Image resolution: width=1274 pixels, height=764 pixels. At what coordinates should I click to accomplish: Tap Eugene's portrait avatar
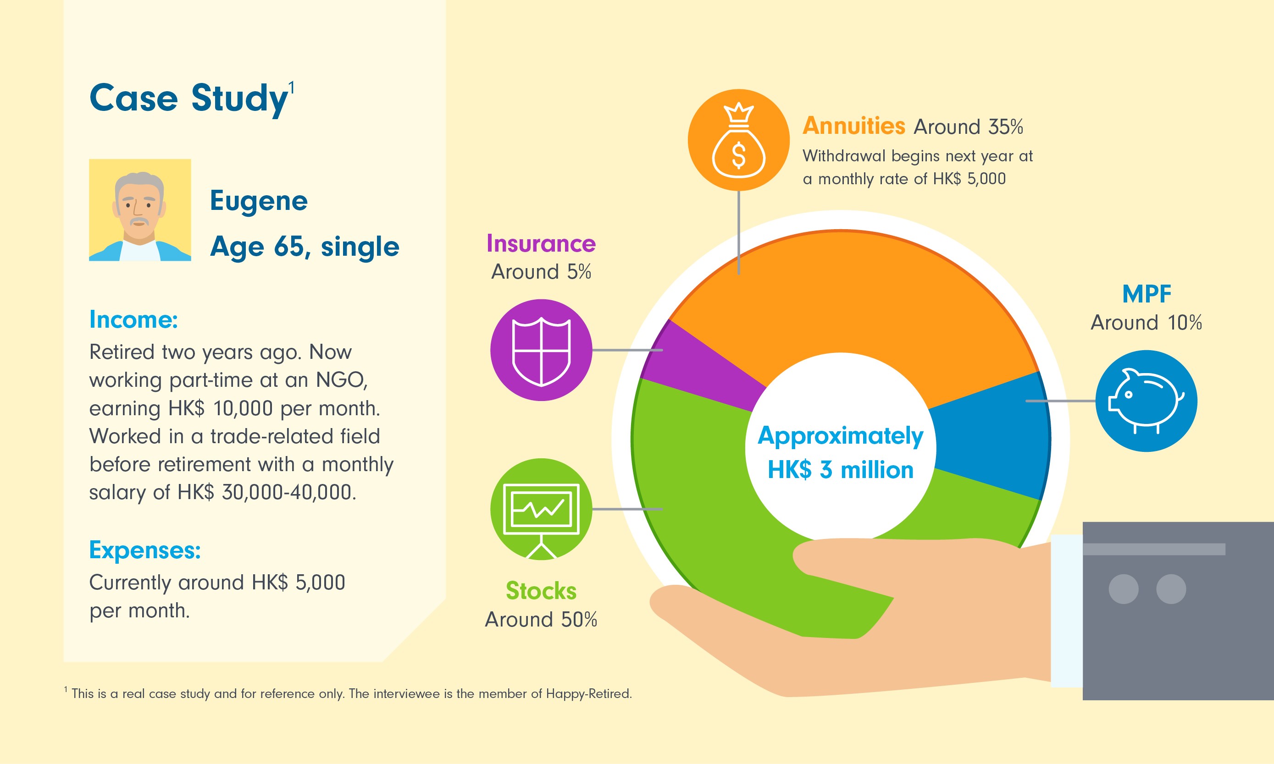coord(139,209)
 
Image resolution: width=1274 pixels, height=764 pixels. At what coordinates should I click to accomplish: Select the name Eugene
coord(259,200)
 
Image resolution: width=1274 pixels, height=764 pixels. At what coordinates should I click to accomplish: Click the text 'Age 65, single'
coord(305,247)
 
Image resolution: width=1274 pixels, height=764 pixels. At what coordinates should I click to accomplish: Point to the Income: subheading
coord(133,320)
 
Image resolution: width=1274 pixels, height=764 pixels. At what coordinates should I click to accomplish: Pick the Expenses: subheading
coord(145,550)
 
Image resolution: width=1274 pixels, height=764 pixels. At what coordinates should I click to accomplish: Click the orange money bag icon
coord(738,140)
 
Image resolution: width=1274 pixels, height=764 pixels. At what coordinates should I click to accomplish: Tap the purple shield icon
coord(541,350)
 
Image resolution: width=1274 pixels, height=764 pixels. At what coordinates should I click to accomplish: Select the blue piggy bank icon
coord(1146,401)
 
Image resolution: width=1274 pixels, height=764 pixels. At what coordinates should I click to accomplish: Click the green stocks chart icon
coord(541,509)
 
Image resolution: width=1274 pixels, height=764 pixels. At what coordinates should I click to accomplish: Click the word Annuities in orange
coord(853,126)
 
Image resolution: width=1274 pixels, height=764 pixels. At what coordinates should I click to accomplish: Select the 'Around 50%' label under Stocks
coord(541,619)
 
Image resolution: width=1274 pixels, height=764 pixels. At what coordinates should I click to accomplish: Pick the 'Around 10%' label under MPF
coord(1146,323)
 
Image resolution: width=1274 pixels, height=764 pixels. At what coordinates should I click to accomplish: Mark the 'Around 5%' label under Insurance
coord(541,272)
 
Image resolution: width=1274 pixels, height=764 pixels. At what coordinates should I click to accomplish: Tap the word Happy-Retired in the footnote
coord(588,693)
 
